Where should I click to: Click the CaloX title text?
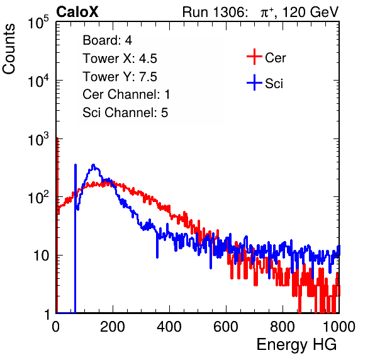[77, 12]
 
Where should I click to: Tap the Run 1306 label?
[215, 12]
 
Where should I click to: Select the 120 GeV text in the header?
[310, 12]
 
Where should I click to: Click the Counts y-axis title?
[9, 48]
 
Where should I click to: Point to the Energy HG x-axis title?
[296, 344]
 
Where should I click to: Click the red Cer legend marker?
[254, 57]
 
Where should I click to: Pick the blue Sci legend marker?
[254, 83]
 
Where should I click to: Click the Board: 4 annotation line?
[107, 40]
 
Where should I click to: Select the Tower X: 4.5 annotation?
[120, 59]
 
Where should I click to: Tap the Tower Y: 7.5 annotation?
[120, 77]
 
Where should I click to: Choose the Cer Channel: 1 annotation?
[126, 94]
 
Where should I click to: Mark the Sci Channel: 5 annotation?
[125, 113]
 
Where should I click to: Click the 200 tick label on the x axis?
[113, 327]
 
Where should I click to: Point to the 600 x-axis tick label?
[226, 327]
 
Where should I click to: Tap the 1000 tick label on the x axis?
[339, 327]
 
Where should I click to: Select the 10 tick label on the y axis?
[42, 256]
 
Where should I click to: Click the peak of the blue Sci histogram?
[93, 164]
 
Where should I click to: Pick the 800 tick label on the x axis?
[283, 327]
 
